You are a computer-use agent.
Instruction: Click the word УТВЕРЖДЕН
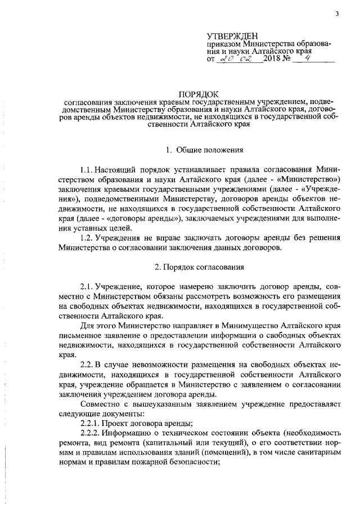pos(233,36)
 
